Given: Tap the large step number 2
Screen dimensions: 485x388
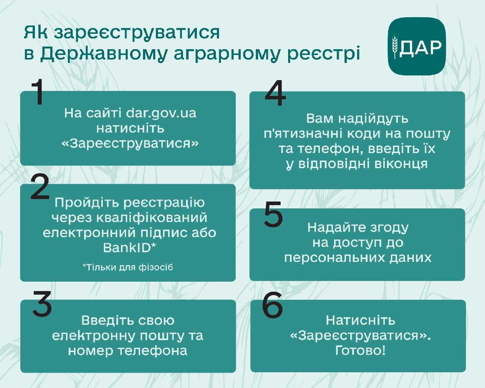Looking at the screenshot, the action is [x=40, y=186].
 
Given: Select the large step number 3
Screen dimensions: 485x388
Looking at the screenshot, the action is [x=42, y=303].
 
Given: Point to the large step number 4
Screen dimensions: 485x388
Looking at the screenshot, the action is [x=276, y=93].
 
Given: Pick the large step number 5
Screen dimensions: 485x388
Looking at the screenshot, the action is [x=273, y=214].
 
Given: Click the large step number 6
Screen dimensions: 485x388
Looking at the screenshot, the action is [x=272, y=305].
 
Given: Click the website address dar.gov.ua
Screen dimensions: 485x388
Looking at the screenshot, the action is [x=161, y=113].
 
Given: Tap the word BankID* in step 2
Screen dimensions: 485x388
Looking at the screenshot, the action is [x=129, y=248].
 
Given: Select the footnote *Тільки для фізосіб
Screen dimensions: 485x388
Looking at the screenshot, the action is [x=128, y=267].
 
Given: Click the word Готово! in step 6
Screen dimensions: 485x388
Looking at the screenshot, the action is [x=360, y=350].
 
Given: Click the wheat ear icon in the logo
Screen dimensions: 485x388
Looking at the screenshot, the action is [x=394, y=46].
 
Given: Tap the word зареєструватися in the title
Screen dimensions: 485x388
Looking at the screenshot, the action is [x=137, y=33].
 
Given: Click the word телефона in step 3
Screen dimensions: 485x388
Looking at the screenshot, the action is [x=153, y=351].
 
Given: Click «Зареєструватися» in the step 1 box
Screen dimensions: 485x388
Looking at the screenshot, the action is [x=130, y=143].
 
